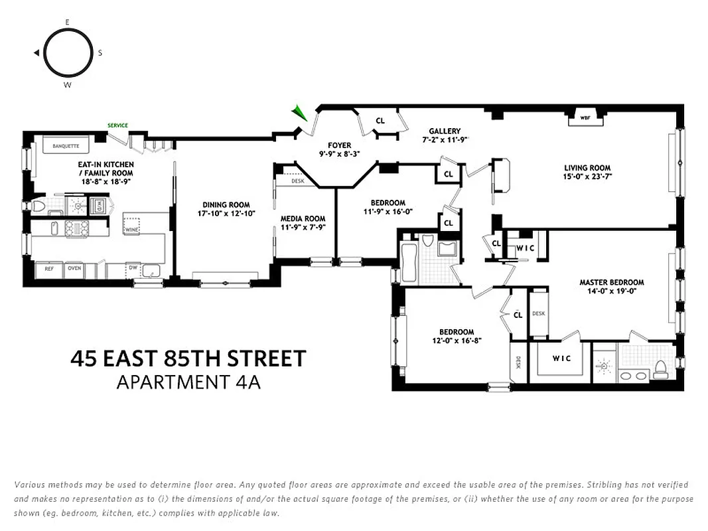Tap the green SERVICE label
point(118,125)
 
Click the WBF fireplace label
point(585,118)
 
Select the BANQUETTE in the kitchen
point(61,145)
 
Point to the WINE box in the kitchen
point(131,230)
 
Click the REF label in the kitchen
point(48,269)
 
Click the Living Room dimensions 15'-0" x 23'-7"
point(587,177)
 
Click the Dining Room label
point(226,204)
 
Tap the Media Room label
point(303,218)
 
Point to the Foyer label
point(339,145)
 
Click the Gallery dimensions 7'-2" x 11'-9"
point(445,140)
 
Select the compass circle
point(68,53)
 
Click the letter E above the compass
point(68,22)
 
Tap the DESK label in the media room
point(297,181)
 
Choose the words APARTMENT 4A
point(188,382)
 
